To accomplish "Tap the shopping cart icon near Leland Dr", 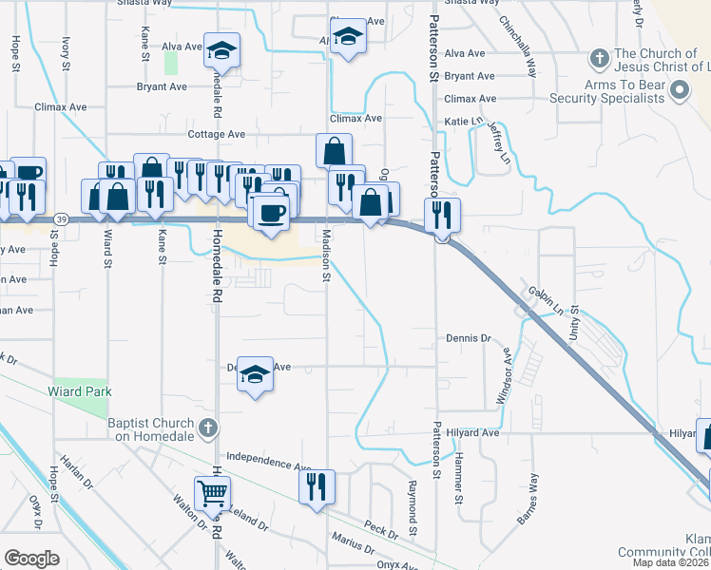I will click(211, 492).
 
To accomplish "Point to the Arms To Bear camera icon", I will click(679, 91).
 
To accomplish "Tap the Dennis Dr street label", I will click(468, 338).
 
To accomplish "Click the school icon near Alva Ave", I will click(221, 49).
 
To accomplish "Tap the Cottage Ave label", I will click(217, 135).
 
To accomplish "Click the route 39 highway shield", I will click(61, 218).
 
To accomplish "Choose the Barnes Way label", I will click(528, 498).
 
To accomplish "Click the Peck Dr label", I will click(380, 528).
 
